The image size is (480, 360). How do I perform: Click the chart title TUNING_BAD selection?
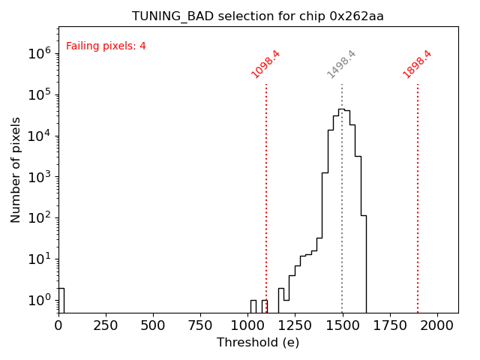coord(258,16)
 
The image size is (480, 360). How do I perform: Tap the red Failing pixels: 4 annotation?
coord(106,46)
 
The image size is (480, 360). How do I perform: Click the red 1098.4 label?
coord(266,64)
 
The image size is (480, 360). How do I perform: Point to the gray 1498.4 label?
coord(342,64)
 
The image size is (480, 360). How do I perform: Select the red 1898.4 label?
coord(418,64)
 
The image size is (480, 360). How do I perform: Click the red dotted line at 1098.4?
coord(266,187)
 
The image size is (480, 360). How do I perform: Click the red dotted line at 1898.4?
coord(418,187)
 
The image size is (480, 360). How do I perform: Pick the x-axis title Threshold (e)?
coord(258,343)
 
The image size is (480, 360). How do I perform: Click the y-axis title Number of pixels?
coord(16,169)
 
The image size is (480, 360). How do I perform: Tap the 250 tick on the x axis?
coord(106,325)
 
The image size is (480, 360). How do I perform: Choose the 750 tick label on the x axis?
coord(200,325)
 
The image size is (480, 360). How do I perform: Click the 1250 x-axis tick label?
coord(295,325)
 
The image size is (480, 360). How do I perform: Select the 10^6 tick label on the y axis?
coord(39,53)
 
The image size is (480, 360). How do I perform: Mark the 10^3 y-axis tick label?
coord(39,177)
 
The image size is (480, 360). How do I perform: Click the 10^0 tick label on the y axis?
coord(39,300)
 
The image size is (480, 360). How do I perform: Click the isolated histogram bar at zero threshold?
coord(61,300)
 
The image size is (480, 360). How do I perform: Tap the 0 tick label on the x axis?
coord(58,325)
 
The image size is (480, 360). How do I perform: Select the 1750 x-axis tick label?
coord(389,325)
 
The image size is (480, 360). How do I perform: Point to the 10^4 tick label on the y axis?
coord(39,136)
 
